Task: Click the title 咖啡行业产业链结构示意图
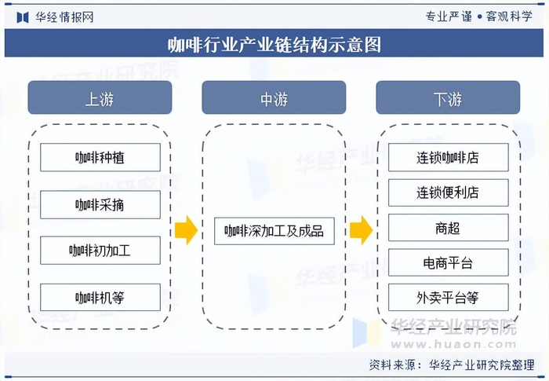click(274, 44)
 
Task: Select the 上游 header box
click(100, 98)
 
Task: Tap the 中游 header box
click(274, 98)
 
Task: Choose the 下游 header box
click(448, 98)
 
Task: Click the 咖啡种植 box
click(100, 158)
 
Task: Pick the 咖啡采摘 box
click(100, 204)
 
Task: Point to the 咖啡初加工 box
click(100, 251)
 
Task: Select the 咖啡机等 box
click(100, 297)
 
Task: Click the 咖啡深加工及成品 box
click(274, 231)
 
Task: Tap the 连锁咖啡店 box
click(448, 157)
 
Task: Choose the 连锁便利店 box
click(448, 192)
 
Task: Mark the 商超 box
click(448, 228)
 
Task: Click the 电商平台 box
click(448, 262)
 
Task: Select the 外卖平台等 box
click(448, 298)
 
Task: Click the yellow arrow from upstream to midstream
click(186, 230)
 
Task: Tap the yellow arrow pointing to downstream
click(360, 230)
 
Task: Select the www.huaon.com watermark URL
click(454, 343)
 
